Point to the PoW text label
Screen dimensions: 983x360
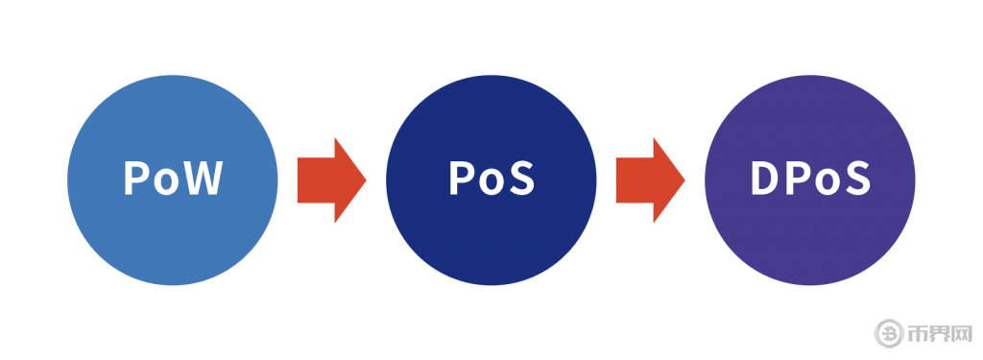pyautogui.click(x=174, y=179)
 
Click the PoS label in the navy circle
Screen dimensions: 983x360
pyautogui.click(x=491, y=179)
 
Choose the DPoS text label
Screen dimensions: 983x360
pyautogui.click(x=810, y=179)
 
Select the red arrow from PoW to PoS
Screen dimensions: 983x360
pyautogui.click(x=331, y=180)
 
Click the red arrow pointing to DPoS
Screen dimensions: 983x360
pyautogui.click(x=650, y=180)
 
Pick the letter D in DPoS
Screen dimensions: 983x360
pyautogui.click(x=763, y=179)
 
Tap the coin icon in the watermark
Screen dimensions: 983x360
pyautogui.click(x=889, y=333)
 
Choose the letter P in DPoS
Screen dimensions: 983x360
pyautogui.click(x=797, y=179)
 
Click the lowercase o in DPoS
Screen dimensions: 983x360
pyautogui.click(x=827, y=182)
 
